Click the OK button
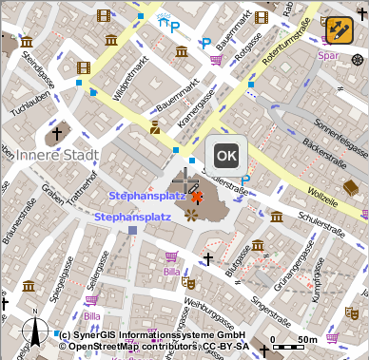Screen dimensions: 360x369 point(225,155)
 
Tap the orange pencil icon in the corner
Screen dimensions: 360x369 point(340,29)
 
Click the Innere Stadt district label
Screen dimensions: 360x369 point(52,155)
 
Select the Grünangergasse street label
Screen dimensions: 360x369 point(293,272)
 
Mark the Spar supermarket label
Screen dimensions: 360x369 point(328,56)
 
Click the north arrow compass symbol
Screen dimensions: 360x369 point(37,332)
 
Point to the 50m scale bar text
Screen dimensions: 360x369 point(306,339)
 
